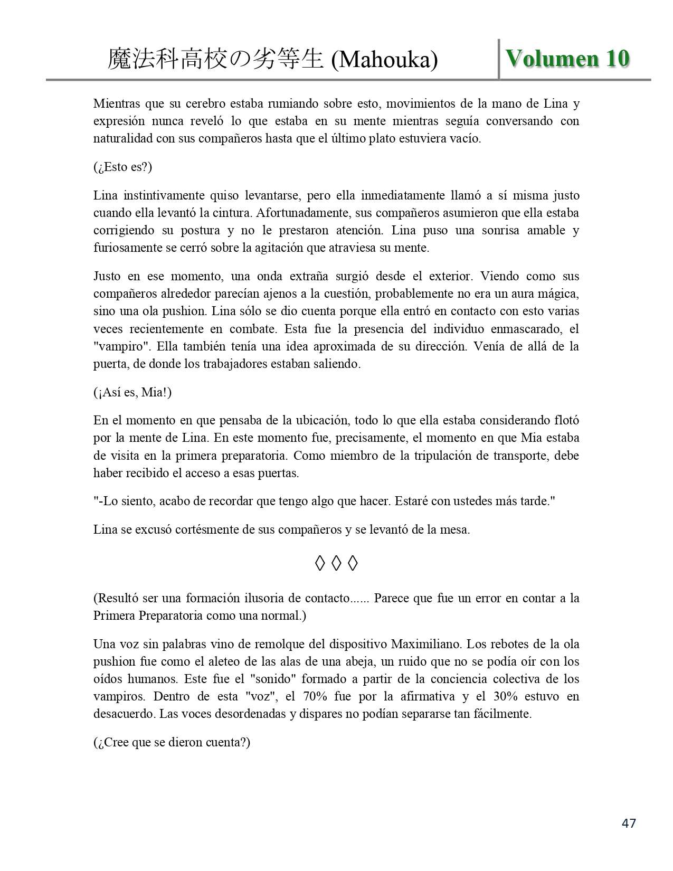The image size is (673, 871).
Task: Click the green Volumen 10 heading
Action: (x=567, y=59)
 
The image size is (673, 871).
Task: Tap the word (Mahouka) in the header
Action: (x=384, y=60)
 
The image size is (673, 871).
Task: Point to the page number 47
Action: (x=629, y=823)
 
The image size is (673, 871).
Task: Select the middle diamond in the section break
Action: (x=336, y=564)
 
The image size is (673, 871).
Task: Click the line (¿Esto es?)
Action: (x=122, y=167)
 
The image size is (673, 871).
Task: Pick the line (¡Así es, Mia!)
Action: (x=132, y=393)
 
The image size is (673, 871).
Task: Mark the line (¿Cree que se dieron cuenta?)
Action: (x=172, y=742)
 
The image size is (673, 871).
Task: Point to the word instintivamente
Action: (x=163, y=195)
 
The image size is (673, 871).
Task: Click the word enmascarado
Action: (x=524, y=329)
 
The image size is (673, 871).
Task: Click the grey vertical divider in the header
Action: (x=499, y=59)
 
